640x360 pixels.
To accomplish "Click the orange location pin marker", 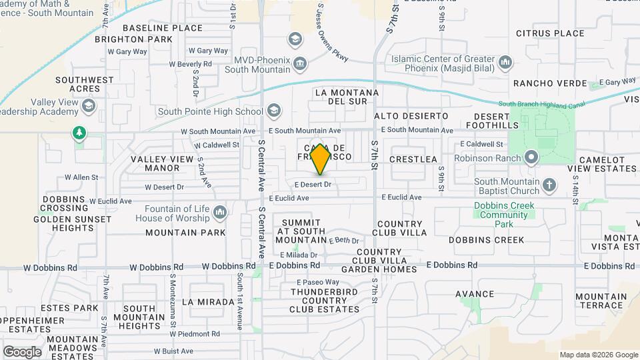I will pos(321,159).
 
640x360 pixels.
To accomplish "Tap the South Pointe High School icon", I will pos(273,110).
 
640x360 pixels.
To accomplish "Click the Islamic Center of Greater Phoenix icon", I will pos(505,63).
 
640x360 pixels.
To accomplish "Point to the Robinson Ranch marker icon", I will pos(531,158).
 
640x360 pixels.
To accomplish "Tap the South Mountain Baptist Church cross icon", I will pos(549,185).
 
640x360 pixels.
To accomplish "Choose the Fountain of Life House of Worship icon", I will pos(220,213).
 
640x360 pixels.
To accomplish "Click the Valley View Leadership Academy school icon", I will pos(88,106).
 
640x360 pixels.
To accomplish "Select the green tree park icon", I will pos(79,133).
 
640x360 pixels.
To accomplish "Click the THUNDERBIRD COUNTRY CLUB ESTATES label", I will pos(325,300).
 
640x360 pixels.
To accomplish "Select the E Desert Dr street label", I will pos(313,184).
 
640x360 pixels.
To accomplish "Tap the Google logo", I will pos(22,351).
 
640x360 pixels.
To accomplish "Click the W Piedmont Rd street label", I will pos(197,334).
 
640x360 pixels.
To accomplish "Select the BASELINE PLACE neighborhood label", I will pos(163,28).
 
